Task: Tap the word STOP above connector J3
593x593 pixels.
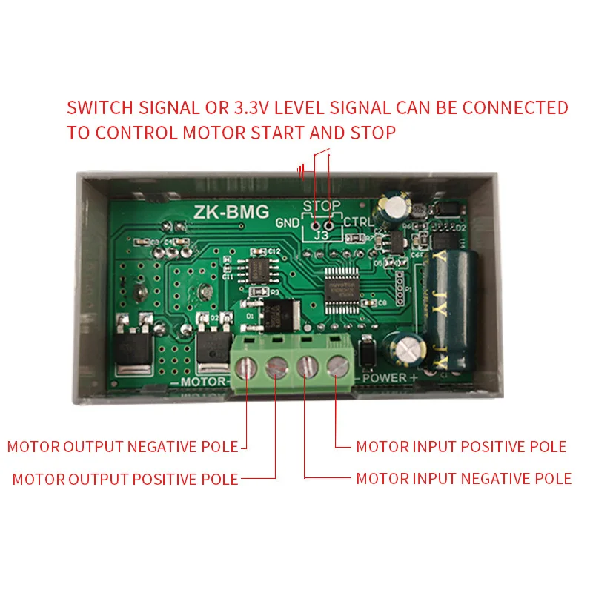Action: click(x=322, y=205)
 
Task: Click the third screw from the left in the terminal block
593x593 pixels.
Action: click(x=307, y=365)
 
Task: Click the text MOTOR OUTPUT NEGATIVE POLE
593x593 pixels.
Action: click(x=122, y=447)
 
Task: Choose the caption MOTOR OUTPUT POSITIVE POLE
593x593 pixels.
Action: click(x=125, y=480)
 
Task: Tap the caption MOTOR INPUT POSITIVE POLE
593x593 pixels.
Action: click(x=461, y=447)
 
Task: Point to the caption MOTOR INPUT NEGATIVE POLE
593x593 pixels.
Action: click(x=463, y=479)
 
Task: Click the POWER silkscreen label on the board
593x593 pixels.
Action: click(x=385, y=378)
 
